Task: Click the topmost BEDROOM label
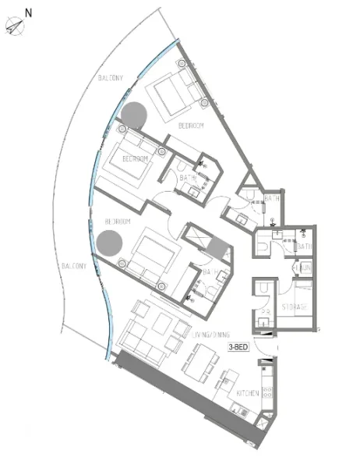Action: point(191,125)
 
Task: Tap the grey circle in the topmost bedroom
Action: point(134,115)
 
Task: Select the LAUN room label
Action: point(304,268)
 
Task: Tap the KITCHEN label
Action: point(249,394)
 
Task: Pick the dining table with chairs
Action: point(199,361)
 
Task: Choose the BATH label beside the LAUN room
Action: point(304,247)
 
